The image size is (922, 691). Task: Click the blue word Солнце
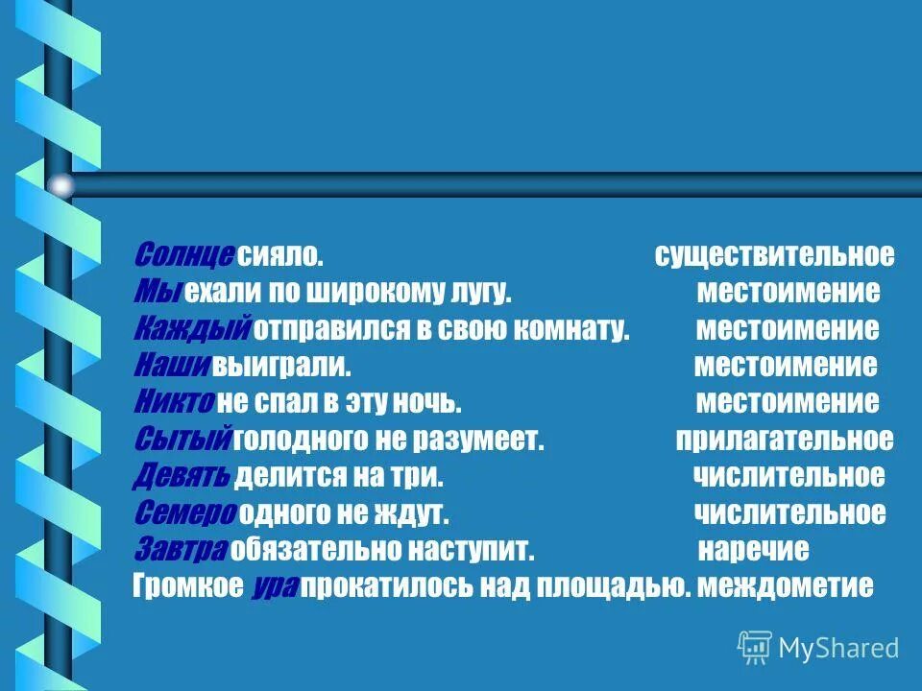(x=183, y=255)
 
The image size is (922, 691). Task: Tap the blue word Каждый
(x=192, y=329)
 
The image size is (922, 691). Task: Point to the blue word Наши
(x=170, y=366)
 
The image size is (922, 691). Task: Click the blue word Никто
(x=174, y=402)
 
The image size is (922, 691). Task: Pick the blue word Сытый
(x=182, y=440)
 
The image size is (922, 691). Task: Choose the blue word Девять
(x=182, y=476)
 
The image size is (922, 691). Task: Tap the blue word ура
(x=277, y=586)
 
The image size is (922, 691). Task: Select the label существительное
(x=774, y=255)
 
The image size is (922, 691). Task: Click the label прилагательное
(x=785, y=440)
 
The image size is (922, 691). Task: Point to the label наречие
(x=753, y=550)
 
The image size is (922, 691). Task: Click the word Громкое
(x=187, y=586)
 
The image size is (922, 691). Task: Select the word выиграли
(x=281, y=366)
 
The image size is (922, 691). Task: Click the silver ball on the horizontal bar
(x=61, y=185)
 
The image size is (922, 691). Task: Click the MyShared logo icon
(x=755, y=649)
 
